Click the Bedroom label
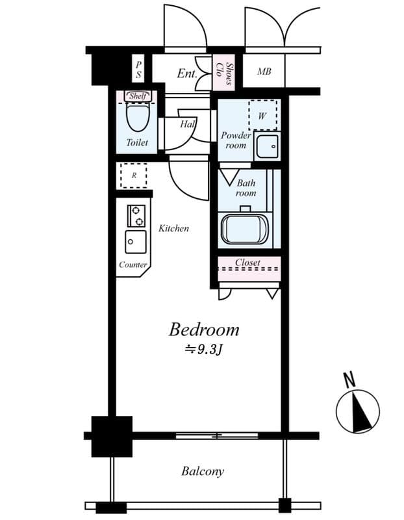[x=203, y=330]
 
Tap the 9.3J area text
[x=203, y=349]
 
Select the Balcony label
[x=203, y=471]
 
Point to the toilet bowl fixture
[x=137, y=117]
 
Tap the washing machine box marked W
[x=262, y=114]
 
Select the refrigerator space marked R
[x=134, y=175]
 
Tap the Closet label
[x=247, y=263]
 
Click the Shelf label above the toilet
[x=138, y=96]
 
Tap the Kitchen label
[x=174, y=228]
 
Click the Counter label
[x=133, y=265]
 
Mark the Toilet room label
[x=137, y=142]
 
